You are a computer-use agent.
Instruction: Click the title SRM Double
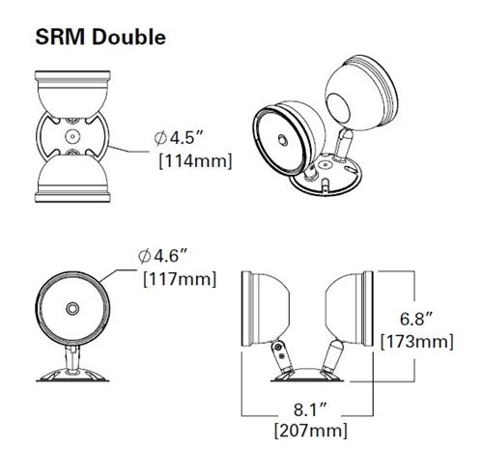[x=99, y=38]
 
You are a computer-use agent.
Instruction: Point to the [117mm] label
[x=179, y=280]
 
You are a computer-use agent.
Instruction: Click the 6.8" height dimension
[x=418, y=319]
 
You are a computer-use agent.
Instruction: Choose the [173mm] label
[x=418, y=341]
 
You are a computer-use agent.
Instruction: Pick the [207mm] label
[x=310, y=430]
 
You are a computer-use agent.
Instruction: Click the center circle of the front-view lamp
[x=71, y=308]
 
